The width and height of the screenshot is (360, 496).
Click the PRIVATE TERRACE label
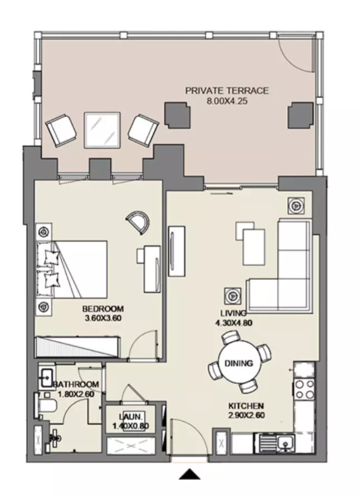tap(227, 91)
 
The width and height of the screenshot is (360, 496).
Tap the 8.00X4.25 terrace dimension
tap(227, 101)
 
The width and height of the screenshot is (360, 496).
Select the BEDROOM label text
tap(103, 308)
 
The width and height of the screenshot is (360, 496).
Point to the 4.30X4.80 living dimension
tap(233, 323)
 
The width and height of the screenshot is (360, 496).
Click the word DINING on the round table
tap(239, 363)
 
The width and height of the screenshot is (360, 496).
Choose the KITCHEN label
tap(246, 406)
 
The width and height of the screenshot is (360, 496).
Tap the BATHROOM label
tap(76, 385)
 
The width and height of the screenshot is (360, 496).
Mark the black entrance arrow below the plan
tap(190, 474)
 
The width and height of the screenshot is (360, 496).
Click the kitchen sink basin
tap(286, 442)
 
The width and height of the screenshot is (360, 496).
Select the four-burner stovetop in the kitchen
tap(304, 390)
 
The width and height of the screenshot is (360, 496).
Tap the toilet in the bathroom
tap(46, 405)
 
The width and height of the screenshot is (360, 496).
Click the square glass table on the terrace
tap(102, 130)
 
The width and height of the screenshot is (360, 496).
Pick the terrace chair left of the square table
tap(61, 130)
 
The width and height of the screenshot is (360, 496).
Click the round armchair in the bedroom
tap(138, 221)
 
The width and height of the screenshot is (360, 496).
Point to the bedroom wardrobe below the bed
tap(78, 347)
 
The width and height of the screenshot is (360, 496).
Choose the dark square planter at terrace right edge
tap(300, 115)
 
